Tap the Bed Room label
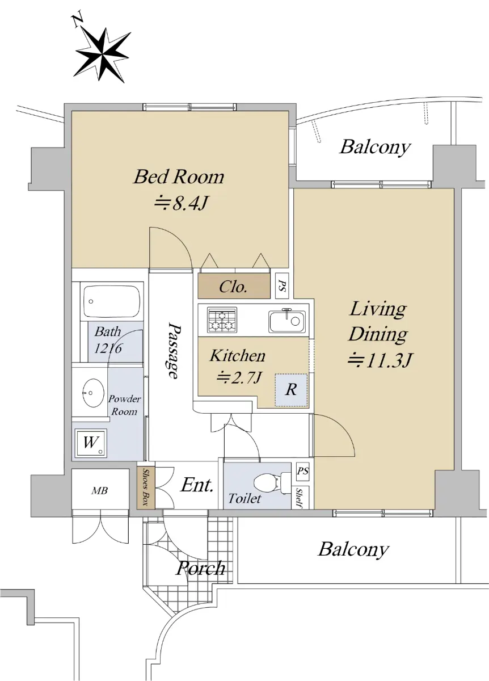point(179,177)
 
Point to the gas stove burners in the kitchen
point(222,319)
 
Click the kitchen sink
point(286,321)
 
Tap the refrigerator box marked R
point(291,390)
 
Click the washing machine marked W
point(90,443)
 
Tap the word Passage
point(174,351)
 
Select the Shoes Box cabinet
point(146,487)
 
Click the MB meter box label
point(100,491)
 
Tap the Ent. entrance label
point(197,485)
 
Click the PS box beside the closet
point(281,287)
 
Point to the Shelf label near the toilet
point(301,498)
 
